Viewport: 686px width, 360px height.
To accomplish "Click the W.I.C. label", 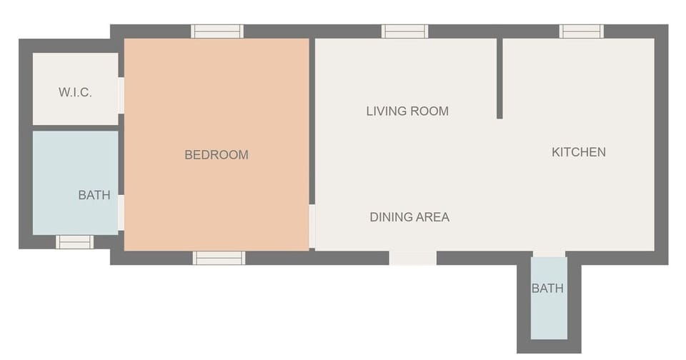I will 75,92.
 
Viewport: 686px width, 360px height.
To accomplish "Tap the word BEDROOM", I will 217,154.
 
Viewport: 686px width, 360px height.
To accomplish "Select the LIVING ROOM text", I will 407,111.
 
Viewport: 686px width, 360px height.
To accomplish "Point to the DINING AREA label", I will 409,217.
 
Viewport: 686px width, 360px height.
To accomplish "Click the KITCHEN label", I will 579,151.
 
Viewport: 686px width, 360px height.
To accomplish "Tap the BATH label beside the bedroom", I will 94,195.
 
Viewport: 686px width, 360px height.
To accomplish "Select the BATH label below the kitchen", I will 547,289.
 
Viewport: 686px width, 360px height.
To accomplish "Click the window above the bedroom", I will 217,31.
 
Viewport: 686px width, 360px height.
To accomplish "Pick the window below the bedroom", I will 219,258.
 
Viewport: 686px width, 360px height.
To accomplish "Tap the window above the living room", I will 404,31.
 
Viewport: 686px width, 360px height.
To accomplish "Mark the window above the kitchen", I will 582,31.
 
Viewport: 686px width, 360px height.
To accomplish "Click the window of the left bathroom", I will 74,242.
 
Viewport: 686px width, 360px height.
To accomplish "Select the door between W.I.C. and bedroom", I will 121,95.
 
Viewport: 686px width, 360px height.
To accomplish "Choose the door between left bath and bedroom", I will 121,212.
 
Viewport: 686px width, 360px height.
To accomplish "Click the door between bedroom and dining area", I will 312,226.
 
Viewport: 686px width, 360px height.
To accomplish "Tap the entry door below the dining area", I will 413,258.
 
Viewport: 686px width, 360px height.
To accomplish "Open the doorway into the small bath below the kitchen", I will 550,254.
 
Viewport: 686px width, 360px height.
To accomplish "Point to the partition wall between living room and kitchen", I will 499,79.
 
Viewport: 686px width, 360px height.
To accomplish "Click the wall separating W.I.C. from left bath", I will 75,128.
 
